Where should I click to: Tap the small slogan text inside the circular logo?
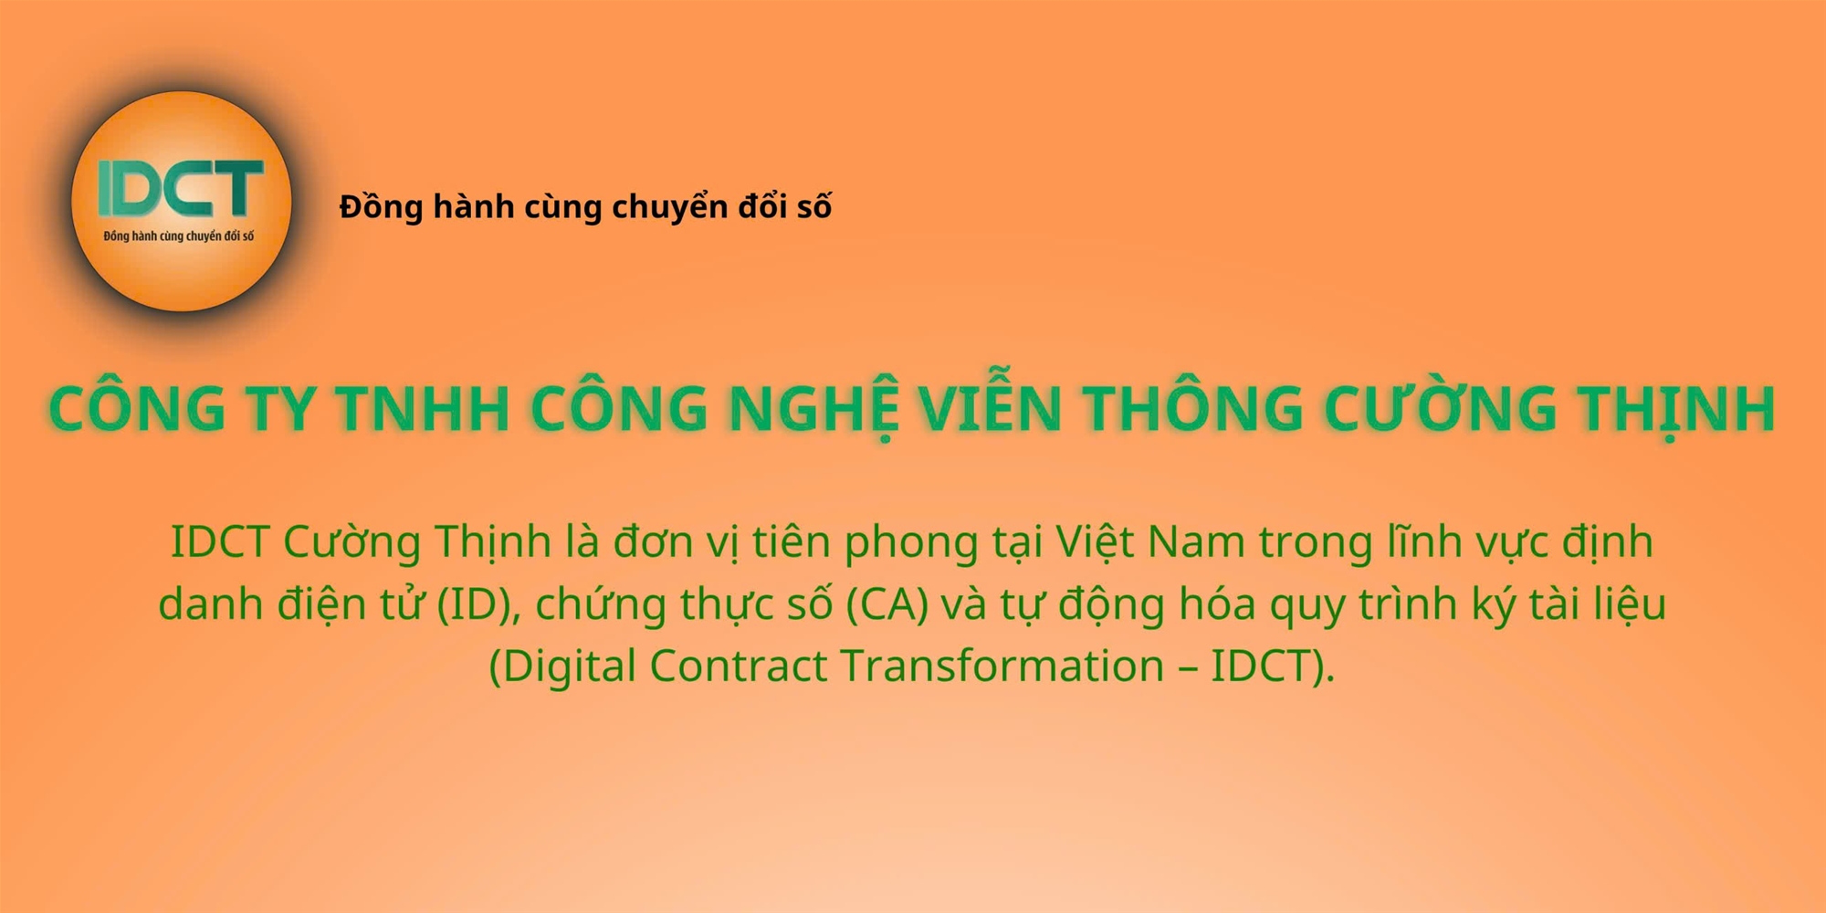click(x=179, y=236)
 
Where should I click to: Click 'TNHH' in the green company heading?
click(x=424, y=408)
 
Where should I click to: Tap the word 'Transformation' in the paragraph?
click(x=1002, y=666)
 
